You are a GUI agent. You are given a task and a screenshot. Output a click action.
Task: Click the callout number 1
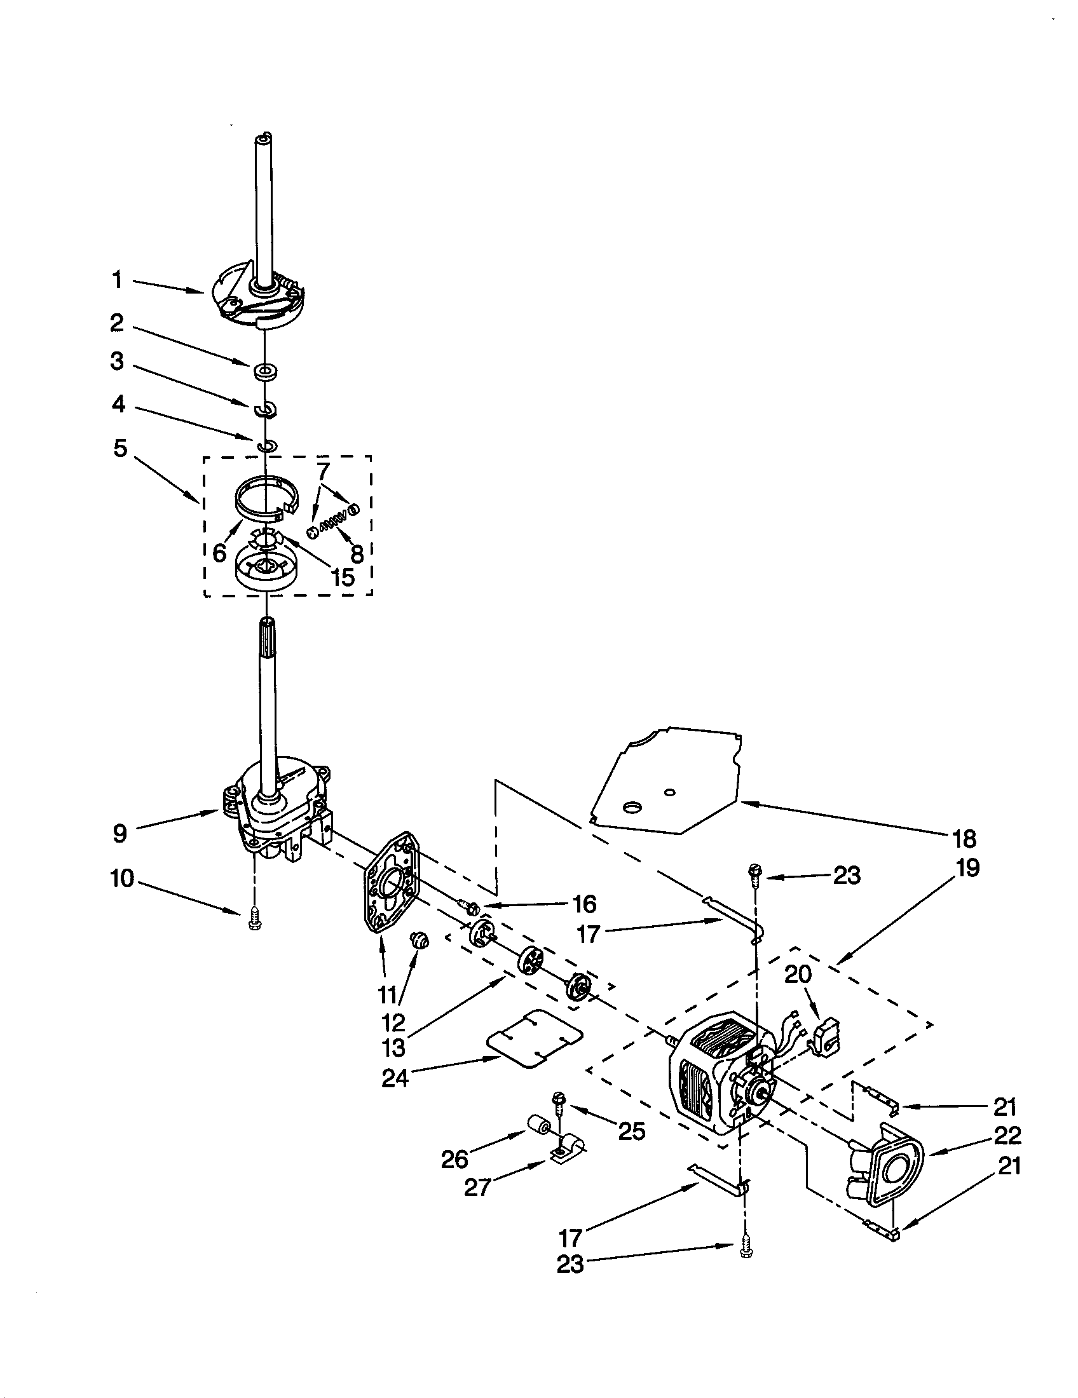pos(117,280)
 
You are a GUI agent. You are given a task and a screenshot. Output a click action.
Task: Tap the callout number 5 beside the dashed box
pos(120,448)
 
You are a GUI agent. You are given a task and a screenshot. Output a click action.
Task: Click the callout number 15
pos(343,577)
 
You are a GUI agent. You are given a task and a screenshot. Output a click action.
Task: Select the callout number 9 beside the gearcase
pos(120,834)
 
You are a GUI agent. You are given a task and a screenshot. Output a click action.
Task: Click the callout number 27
pos(477,1188)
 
